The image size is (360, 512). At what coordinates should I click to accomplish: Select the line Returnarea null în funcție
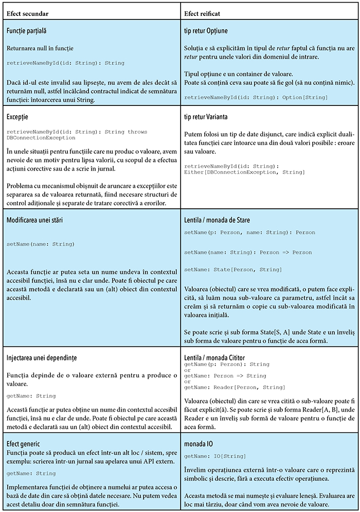point(40,48)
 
